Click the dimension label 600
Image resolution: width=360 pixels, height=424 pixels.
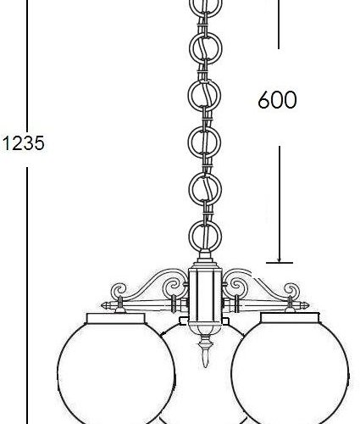(x=277, y=100)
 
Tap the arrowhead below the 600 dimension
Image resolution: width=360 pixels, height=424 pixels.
(x=279, y=254)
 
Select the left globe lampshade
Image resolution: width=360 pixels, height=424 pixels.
(x=115, y=369)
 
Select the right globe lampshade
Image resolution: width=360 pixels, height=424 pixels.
(x=287, y=369)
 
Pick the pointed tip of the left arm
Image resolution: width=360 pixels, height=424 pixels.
(x=106, y=304)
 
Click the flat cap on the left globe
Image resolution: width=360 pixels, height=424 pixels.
(x=115, y=317)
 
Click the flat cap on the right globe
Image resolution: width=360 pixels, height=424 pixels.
(x=287, y=317)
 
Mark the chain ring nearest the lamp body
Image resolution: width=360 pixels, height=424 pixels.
(x=201, y=233)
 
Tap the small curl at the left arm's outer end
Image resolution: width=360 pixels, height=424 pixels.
(x=120, y=291)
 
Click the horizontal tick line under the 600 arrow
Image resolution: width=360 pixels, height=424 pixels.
(x=279, y=262)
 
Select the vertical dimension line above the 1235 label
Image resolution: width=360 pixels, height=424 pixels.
(x=27, y=59)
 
